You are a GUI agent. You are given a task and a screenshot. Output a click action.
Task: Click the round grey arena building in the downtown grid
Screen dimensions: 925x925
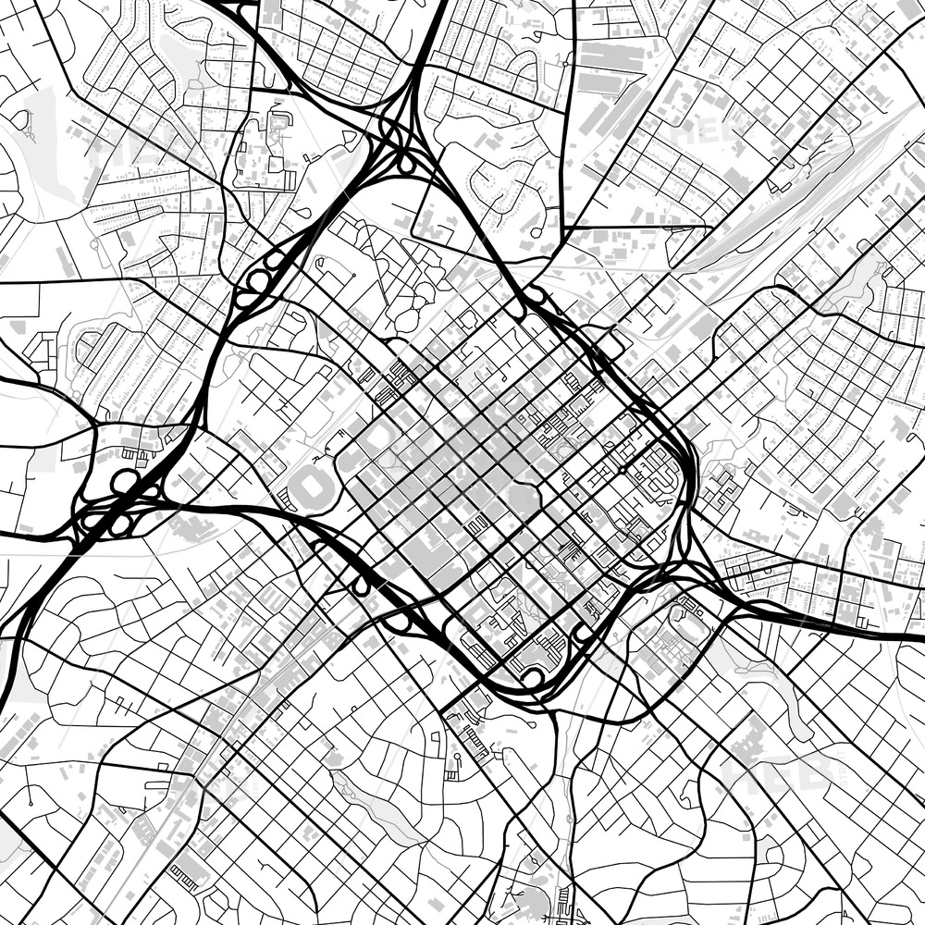tap(524, 500)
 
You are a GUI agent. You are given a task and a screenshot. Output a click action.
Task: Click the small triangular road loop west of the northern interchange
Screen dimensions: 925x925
tap(351, 138)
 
